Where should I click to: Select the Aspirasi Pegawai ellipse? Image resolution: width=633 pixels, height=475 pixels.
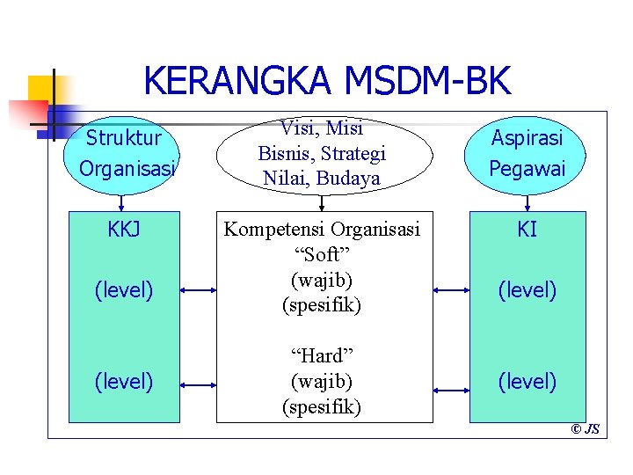pyautogui.click(x=527, y=153)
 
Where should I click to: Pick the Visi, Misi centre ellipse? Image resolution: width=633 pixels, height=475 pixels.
pyautogui.click(x=322, y=153)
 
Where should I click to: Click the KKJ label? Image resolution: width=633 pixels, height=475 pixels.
pyautogui.click(x=124, y=230)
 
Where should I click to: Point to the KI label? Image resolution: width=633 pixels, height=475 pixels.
pyautogui.click(x=527, y=230)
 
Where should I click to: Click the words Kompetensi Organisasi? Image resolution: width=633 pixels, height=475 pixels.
pyautogui.click(x=322, y=230)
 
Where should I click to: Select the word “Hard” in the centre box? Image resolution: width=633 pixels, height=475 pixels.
pyautogui.click(x=322, y=355)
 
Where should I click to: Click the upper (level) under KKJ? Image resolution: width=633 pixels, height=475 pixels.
pyautogui.click(x=124, y=289)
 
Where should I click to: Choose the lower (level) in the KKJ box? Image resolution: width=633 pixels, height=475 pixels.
pyautogui.click(x=124, y=382)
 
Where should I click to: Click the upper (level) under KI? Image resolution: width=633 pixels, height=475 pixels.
pyautogui.click(x=527, y=289)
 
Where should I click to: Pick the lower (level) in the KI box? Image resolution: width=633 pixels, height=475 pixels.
pyautogui.click(x=527, y=382)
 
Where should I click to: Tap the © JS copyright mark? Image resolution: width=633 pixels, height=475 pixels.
pyautogui.click(x=586, y=430)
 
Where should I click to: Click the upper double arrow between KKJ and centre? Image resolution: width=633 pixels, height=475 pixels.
pyautogui.click(x=199, y=289)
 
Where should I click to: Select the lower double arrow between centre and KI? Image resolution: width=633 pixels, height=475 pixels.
pyautogui.click(x=452, y=384)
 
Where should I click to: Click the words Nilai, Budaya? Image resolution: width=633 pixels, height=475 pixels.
pyautogui.click(x=322, y=179)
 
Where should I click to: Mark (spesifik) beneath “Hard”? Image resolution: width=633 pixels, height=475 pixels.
pyautogui.click(x=322, y=407)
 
